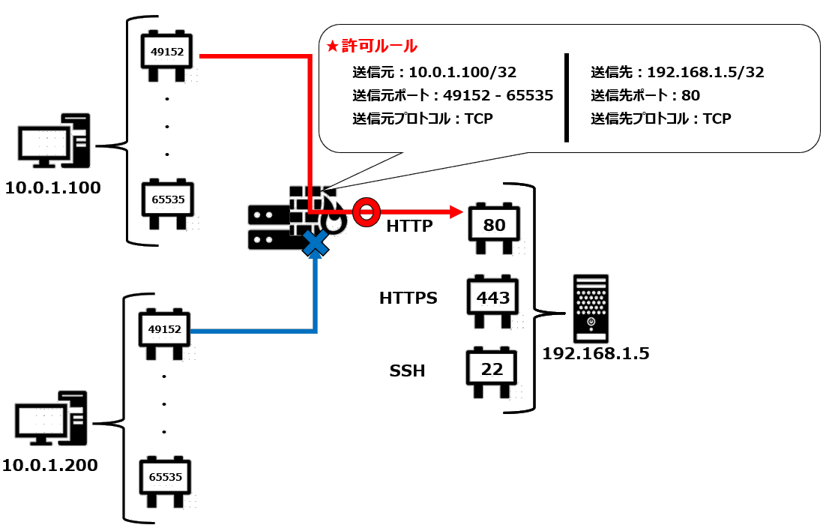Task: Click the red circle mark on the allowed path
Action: tap(365, 212)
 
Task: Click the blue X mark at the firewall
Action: tap(316, 243)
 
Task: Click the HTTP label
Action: tap(411, 226)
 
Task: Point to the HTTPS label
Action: tap(408, 298)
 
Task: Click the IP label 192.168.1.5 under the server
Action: tap(596, 353)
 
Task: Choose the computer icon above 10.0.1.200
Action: tap(52, 419)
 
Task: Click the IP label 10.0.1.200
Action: tap(49, 465)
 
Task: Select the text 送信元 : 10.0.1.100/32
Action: tap(434, 73)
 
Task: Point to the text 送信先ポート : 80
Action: tap(645, 96)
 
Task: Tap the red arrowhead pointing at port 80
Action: tap(454, 212)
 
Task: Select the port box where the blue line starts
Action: tap(165, 331)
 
